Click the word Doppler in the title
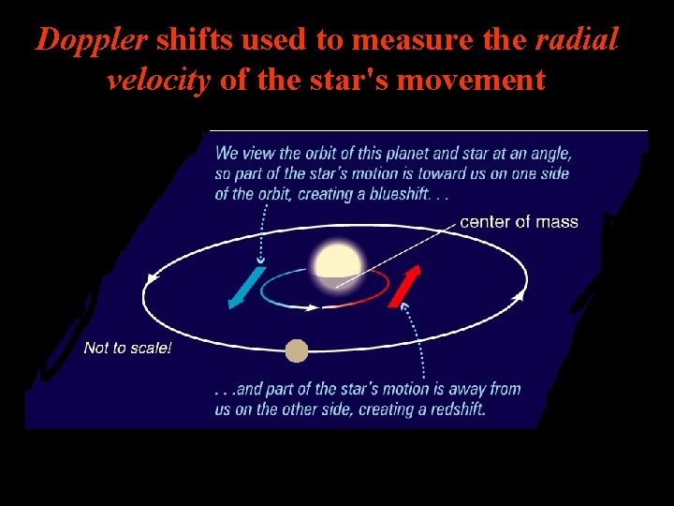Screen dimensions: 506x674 click(92, 39)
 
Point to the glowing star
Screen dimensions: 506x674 click(338, 265)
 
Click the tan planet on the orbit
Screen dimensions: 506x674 click(296, 350)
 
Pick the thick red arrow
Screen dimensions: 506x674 click(404, 286)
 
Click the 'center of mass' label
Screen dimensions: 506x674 click(519, 222)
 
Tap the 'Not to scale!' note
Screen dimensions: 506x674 click(127, 348)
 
